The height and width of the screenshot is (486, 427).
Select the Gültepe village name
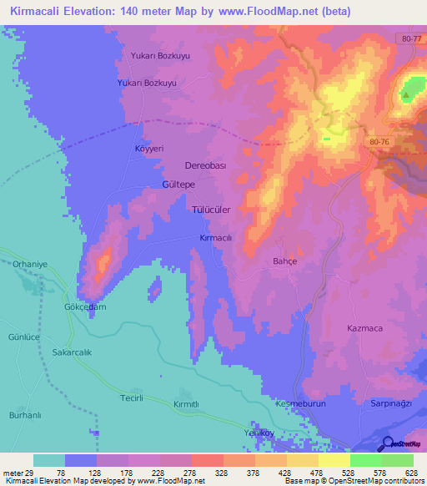tap(178, 183)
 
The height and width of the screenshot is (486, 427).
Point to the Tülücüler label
tap(212, 210)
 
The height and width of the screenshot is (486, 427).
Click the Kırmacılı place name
tap(215, 238)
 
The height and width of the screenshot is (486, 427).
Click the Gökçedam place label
tap(86, 306)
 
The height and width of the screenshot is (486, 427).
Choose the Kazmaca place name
tap(365, 328)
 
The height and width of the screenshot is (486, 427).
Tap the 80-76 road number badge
tap(378, 142)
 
